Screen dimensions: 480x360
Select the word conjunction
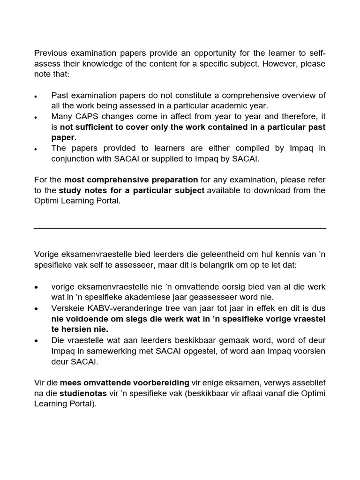[x=73, y=159]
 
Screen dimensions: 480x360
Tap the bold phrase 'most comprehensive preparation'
[x=131, y=180]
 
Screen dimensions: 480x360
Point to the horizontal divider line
[x=180, y=228]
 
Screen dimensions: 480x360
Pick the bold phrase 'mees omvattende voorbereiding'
[x=124, y=383]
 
